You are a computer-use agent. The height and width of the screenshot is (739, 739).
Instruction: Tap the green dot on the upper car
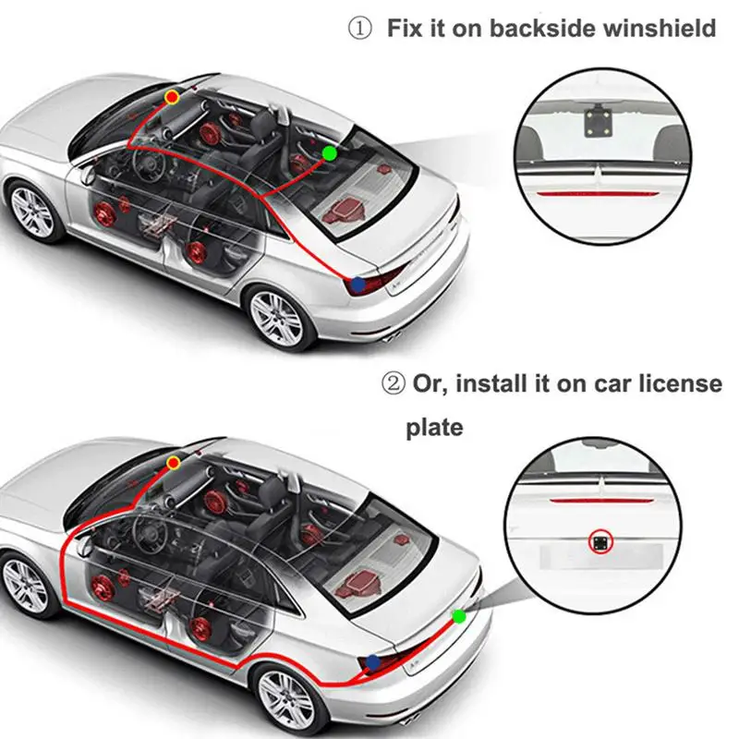click(x=329, y=152)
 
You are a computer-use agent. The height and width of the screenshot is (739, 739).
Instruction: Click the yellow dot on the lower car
click(x=173, y=461)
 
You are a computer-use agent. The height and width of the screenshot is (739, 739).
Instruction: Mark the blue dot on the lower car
click(x=373, y=661)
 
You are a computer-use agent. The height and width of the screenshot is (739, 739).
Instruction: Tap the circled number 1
click(x=359, y=29)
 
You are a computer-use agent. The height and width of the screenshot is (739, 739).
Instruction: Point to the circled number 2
click(x=394, y=383)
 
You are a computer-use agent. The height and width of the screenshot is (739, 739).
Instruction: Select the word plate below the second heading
click(x=434, y=429)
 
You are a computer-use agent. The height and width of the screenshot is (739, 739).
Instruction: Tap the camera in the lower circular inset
click(x=602, y=543)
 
